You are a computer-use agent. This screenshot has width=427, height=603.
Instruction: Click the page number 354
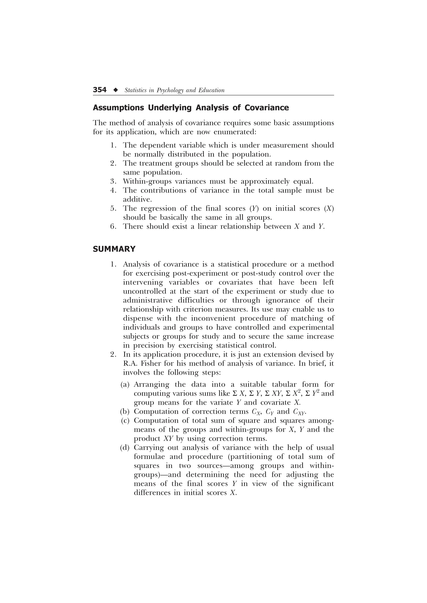pyautogui.click(x=100, y=90)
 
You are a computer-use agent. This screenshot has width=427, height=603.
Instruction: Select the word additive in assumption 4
pyautogui.click(x=137, y=199)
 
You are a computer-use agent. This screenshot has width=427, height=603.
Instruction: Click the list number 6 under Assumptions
pyautogui.click(x=113, y=226)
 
